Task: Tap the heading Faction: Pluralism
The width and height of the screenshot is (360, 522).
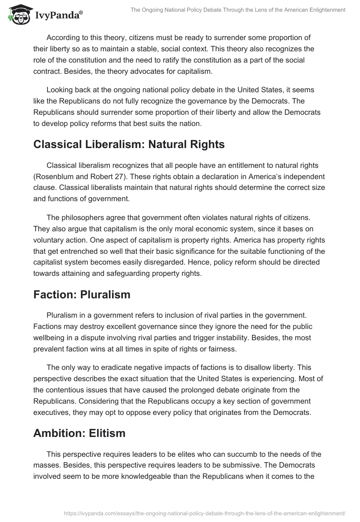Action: [82, 295]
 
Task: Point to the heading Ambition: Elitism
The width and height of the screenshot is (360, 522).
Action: [79, 433]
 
